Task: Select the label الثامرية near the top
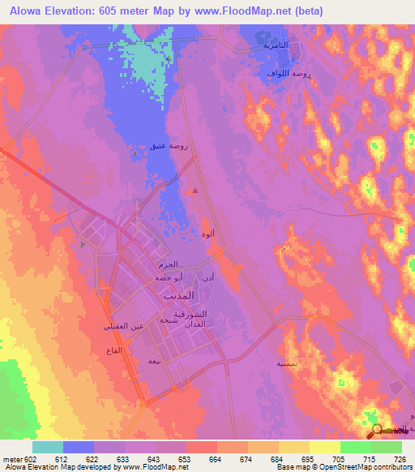[276, 45]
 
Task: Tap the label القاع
[113, 349]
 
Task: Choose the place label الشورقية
[191, 313]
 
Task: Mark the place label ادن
[208, 277]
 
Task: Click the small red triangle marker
[195, 191]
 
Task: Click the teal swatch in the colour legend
[48, 447]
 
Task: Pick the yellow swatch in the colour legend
[324, 447]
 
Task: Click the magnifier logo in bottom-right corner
[378, 431]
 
